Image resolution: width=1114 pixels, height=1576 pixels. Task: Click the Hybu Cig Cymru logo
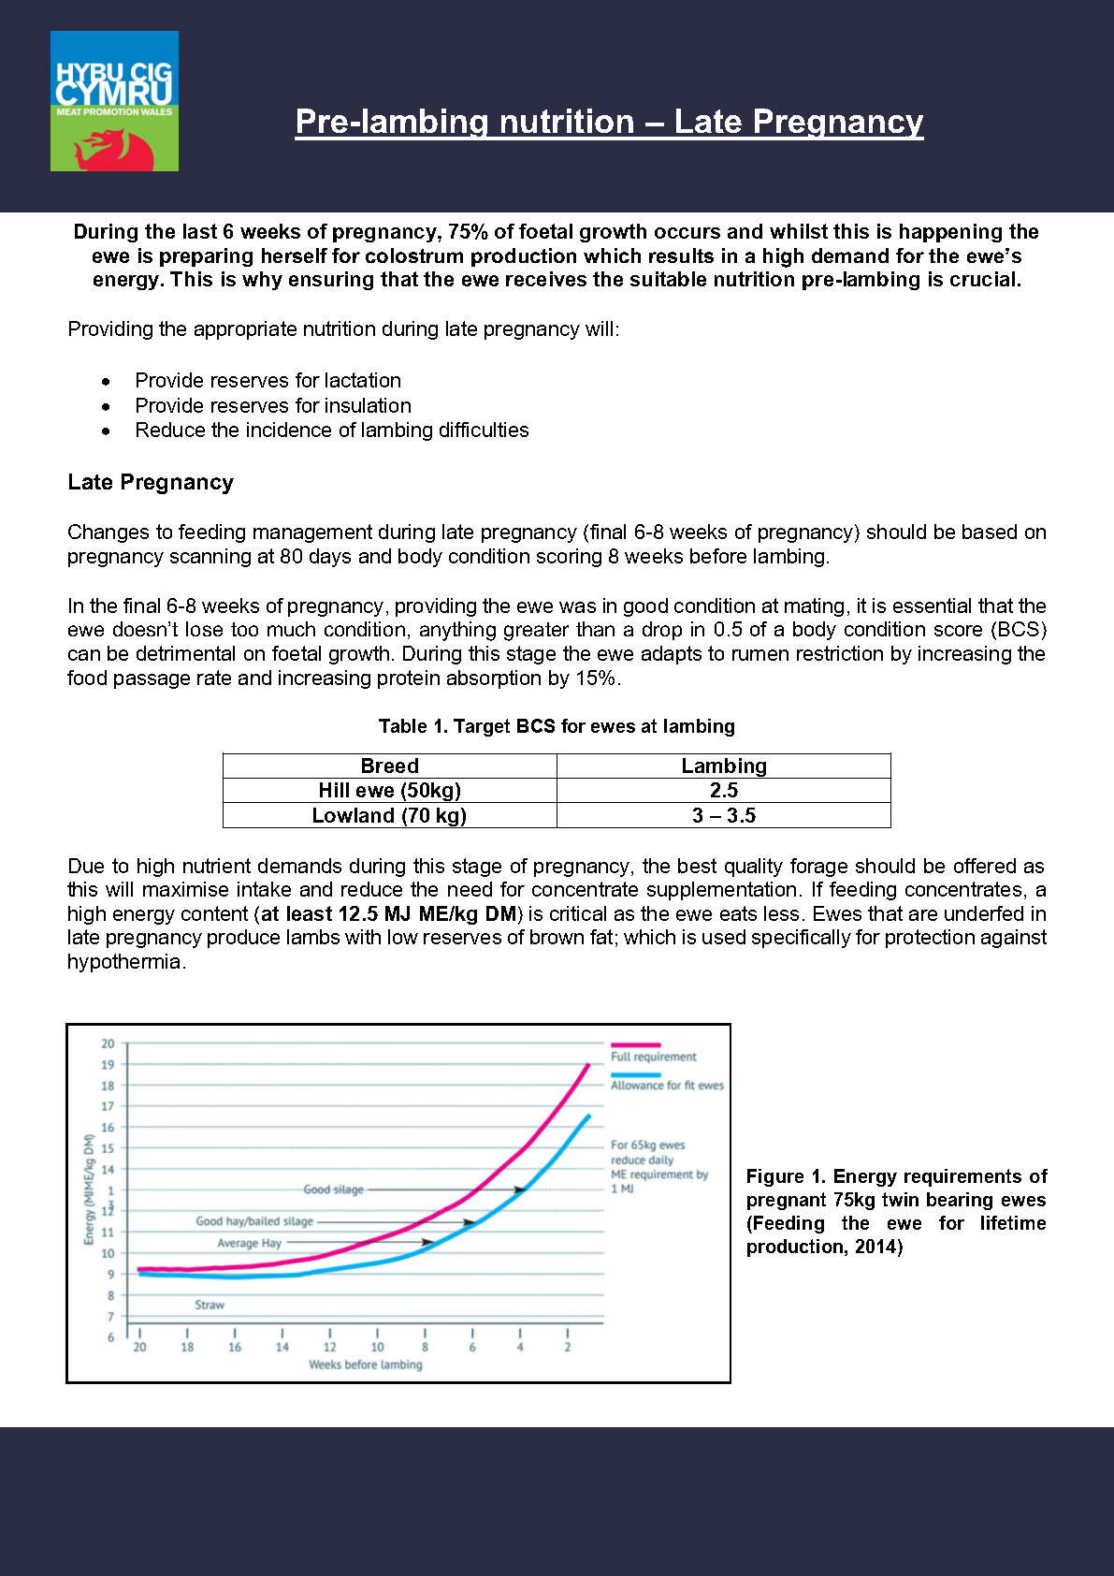pyautogui.click(x=114, y=101)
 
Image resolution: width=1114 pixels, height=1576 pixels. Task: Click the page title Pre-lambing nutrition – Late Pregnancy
pyautogui.click(x=609, y=122)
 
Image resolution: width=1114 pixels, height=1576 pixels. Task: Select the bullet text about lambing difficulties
pyautogui.click(x=331, y=430)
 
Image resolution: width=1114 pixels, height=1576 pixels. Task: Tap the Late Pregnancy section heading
pyautogui.click(x=151, y=482)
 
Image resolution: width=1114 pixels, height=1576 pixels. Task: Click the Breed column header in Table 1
pyautogui.click(x=389, y=766)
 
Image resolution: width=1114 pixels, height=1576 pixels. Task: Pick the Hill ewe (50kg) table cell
pyautogui.click(x=389, y=791)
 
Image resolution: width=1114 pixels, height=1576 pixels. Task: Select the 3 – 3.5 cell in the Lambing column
pyautogui.click(x=723, y=816)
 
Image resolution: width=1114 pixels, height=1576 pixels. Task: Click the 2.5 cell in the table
pyautogui.click(x=723, y=791)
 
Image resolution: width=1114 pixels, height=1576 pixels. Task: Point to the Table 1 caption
pyautogui.click(x=557, y=726)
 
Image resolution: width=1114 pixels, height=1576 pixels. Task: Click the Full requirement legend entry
pyautogui.click(x=653, y=1057)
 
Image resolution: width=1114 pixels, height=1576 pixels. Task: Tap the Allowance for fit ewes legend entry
pyautogui.click(x=667, y=1086)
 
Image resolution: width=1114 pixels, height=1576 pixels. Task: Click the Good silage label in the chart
pyautogui.click(x=333, y=1189)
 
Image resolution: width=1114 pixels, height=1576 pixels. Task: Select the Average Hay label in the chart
pyautogui.click(x=249, y=1243)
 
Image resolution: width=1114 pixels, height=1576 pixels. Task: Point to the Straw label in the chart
pyautogui.click(x=210, y=1305)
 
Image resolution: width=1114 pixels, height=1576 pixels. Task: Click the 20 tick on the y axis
pyautogui.click(x=109, y=1043)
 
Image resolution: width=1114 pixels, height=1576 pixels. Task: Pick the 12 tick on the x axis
pyautogui.click(x=329, y=1348)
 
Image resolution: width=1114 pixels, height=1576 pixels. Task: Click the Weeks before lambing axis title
pyautogui.click(x=366, y=1364)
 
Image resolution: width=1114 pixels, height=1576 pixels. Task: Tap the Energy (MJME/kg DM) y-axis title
pyautogui.click(x=90, y=1189)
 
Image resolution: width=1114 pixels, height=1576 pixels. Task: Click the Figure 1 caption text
pyautogui.click(x=895, y=1211)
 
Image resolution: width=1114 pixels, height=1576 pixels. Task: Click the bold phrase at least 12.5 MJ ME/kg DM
pyautogui.click(x=389, y=914)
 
